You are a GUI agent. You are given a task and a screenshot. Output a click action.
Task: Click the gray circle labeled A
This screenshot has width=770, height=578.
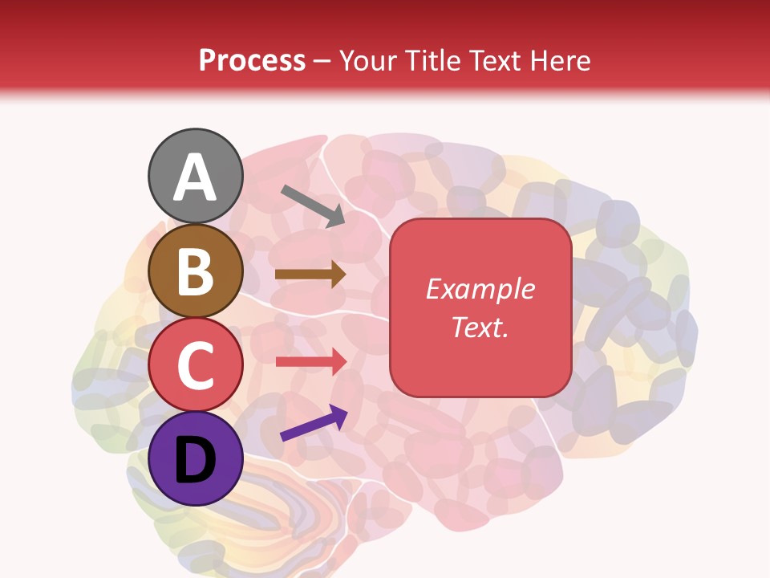[x=195, y=176]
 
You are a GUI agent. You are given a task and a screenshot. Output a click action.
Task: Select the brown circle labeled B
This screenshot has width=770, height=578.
[x=195, y=271]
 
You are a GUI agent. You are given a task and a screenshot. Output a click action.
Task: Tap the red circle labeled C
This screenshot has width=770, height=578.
[x=195, y=364]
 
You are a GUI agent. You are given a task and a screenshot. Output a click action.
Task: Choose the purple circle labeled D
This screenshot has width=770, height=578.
[x=195, y=458]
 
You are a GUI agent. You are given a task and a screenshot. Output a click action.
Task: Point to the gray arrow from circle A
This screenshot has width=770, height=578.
[x=312, y=206]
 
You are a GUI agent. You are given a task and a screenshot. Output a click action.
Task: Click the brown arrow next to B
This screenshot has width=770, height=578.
[x=310, y=274]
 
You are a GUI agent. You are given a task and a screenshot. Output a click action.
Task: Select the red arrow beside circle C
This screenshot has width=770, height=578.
[x=310, y=361]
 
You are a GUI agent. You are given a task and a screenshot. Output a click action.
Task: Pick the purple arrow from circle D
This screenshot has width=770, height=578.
[x=314, y=423]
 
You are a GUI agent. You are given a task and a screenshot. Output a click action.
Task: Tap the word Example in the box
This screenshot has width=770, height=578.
[x=480, y=289]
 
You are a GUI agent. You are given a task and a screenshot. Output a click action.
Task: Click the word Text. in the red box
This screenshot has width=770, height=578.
[x=480, y=327]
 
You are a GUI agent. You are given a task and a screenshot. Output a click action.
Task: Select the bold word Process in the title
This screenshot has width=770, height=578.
[x=252, y=61]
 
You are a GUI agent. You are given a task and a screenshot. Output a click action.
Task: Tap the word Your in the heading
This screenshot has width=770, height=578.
[x=369, y=61]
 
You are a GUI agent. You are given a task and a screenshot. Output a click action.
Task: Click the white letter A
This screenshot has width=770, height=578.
[x=195, y=177]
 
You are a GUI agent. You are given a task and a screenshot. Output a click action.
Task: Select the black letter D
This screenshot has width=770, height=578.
[x=195, y=459]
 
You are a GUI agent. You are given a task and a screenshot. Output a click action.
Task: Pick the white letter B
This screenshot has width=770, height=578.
[x=195, y=271]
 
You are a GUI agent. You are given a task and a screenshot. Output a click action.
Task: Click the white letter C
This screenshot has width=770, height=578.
[x=195, y=365]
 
